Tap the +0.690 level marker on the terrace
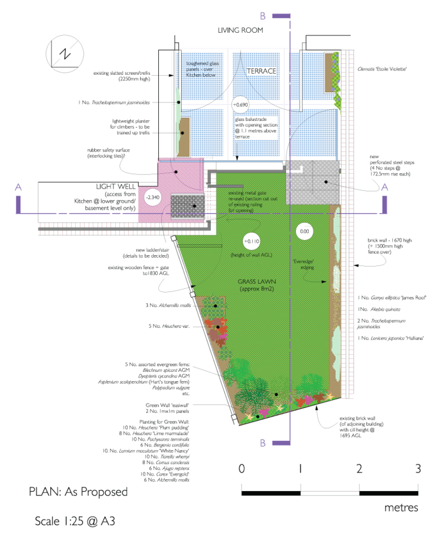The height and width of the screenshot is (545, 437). click(x=240, y=104)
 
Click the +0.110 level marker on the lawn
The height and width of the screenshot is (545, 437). click(x=252, y=241)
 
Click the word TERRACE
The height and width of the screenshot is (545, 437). click(x=261, y=71)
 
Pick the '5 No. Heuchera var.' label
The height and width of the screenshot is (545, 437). click(x=169, y=326)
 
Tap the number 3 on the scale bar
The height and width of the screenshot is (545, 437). click(x=418, y=468)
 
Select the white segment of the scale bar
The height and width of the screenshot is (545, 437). click(x=330, y=494)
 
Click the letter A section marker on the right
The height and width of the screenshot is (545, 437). click(x=384, y=188)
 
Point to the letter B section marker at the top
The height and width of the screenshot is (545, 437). click(x=263, y=15)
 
